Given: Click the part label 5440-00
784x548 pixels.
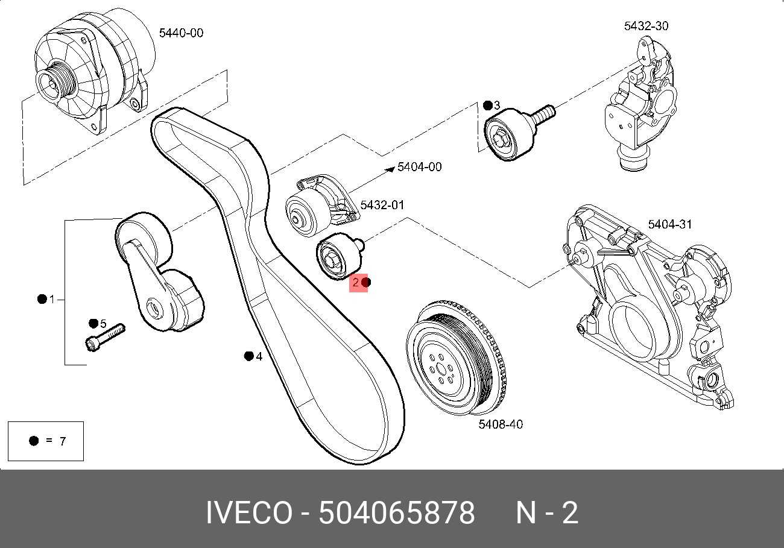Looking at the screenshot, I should [x=181, y=33].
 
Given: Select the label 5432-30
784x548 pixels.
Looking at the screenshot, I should [x=646, y=26].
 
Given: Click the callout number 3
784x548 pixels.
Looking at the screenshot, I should [x=497, y=106].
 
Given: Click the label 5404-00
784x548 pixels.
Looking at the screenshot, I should [x=419, y=166].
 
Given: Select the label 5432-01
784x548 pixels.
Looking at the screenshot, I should [x=382, y=205].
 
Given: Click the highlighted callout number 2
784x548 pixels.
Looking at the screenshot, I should [x=356, y=282].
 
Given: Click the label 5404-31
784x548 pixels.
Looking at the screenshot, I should [x=670, y=224].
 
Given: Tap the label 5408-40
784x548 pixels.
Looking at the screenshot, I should [x=501, y=424].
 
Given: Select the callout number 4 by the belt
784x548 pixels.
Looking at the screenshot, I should [x=259, y=356].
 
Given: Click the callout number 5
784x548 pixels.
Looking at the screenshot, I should [x=103, y=324].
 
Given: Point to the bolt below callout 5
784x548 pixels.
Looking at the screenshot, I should [x=105, y=336].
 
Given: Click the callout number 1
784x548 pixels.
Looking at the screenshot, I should [x=52, y=299].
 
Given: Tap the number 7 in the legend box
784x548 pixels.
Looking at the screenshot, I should [x=62, y=441].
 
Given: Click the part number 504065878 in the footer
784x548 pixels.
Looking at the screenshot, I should [x=397, y=514].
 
